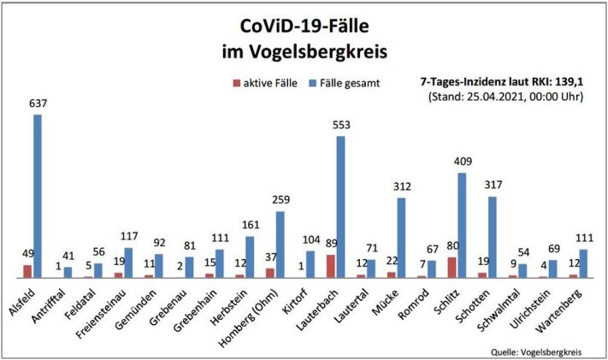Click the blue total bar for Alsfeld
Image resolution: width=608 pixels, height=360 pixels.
click(38, 197)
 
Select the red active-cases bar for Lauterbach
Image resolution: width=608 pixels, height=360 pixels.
click(330, 266)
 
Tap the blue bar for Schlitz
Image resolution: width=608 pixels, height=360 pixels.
click(462, 225)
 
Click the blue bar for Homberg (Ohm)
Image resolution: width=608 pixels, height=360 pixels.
click(280, 244)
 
